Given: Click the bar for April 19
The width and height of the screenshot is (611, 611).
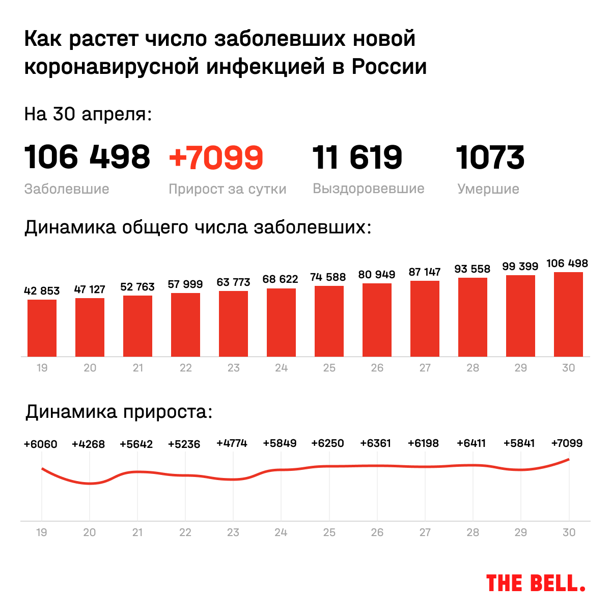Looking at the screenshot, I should pyautogui.click(x=42, y=328).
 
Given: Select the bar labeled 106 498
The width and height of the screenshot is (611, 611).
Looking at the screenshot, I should pyautogui.click(x=568, y=314).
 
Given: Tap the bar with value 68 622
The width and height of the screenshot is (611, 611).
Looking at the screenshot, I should pyautogui.click(x=281, y=322).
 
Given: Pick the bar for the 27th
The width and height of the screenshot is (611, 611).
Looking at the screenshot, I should pyautogui.click(x=425, y=318).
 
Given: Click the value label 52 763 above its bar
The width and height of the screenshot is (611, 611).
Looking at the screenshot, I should pyautogui.click(x=137, y=287).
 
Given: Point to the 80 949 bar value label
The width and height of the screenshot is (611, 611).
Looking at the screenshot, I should pyautogui.click(x=377, y=275).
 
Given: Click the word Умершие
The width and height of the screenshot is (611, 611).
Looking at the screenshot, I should pyautogui.click(x=488, y=189).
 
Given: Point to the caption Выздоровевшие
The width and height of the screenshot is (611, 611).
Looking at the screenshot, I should pyautogui.click(x=369, y=189).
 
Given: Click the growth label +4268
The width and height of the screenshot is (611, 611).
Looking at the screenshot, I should pyautogui.click(x=88, y=444).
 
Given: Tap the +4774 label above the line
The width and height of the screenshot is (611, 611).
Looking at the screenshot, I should pyautogui.click(x=232, y=443).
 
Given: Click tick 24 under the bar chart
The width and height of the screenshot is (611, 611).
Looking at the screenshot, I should pyautogui.click(x=281, y=368).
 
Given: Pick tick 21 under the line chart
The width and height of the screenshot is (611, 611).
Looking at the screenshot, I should pyautogui.click(x=137, y=533).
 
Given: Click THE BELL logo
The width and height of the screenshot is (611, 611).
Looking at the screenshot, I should pyautogui.click(x=535, y=583).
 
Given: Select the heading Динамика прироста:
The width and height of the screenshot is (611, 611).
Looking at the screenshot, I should pyautogui.click(x=119, y=412).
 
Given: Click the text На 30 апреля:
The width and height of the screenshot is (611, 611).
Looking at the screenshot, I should pyautogui.click(x=88, y=114).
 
